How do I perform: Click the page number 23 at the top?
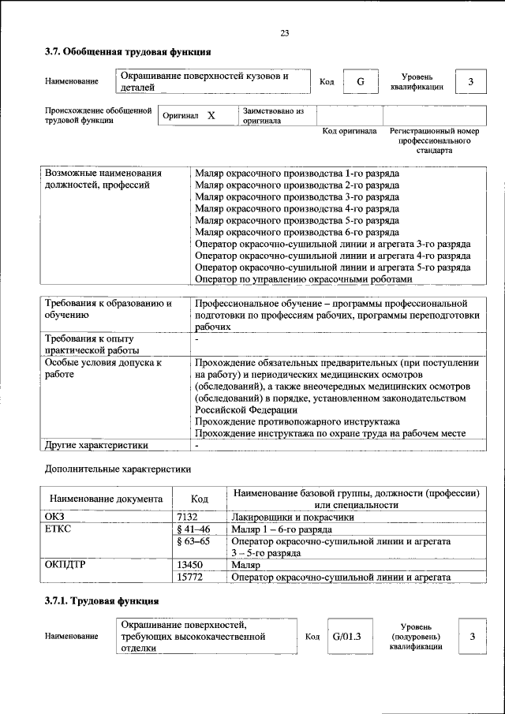pos(284,32)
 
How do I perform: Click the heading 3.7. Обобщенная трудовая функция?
pos(127,53)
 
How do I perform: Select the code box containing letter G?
pos(361,81)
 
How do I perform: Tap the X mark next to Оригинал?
pos(211,116)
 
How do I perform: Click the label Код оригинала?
pos(350,131)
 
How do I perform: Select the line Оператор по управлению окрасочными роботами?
pos(303,278)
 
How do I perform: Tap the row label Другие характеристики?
pos(96,445)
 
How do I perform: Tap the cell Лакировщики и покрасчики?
pos(293,517)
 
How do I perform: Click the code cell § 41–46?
pos(193,529)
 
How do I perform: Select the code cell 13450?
pos(190,566)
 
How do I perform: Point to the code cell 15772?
pos(190,578)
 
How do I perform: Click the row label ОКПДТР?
pos(65,566)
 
